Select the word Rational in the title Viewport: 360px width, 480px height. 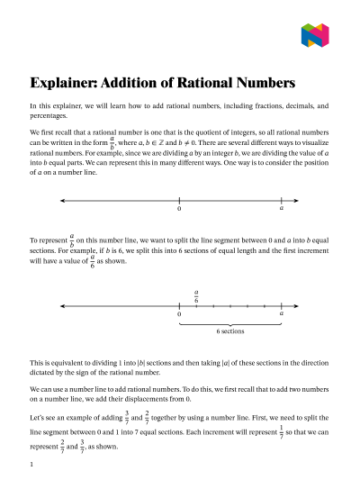(x=202, y=83)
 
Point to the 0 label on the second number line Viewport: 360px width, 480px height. (x=179, y=313)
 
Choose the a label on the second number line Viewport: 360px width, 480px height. (x=282, y=313)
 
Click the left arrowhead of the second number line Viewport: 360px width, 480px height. (x=61, y=304)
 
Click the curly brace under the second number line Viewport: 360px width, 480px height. (x=230, y=322)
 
